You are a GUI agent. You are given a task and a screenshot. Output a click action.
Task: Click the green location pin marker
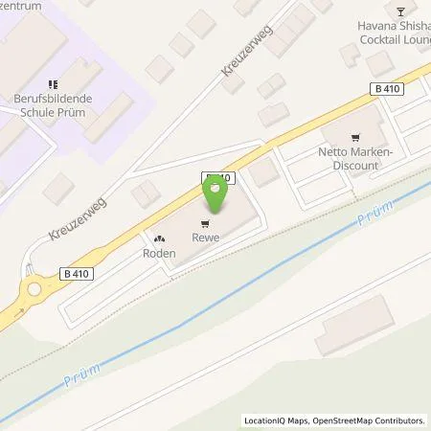(215, 194)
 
